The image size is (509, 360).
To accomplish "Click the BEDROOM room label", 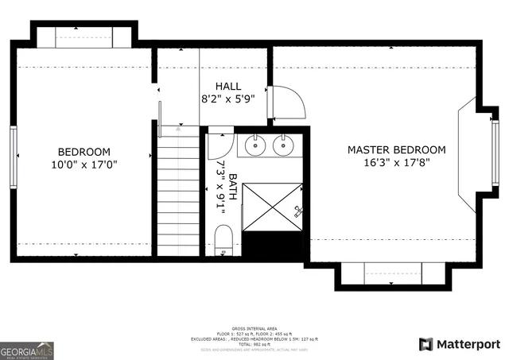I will pyautogui.click(x=84, y=152).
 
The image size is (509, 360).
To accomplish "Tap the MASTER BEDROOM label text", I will pyautogui.click(x=396, y=149).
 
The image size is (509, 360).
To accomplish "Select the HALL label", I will pyautogui.click(x=229, y=87).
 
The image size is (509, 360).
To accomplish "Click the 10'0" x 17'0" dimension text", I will pyautogui.click(x=84, y=165).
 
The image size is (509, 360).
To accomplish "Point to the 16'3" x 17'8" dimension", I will pyautogui.click(x=396, y=164).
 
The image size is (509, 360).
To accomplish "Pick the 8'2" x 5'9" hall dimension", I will pyautogui.click(x=229, y=100).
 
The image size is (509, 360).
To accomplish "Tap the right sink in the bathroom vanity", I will pyautogui.click(x=282, y=145).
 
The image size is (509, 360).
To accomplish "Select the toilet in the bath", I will pyautogui.click(x=223, y=239).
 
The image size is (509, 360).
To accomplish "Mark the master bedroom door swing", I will pyautogui.click(x=286, y=102).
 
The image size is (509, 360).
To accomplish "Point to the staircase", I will pyautogui.click(x=177, y=195).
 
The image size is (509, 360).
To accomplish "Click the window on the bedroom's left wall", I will pyautogui.click(x=14, y=157).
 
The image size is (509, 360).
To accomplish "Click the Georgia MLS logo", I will pyautogui.click(x=27, y=350).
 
